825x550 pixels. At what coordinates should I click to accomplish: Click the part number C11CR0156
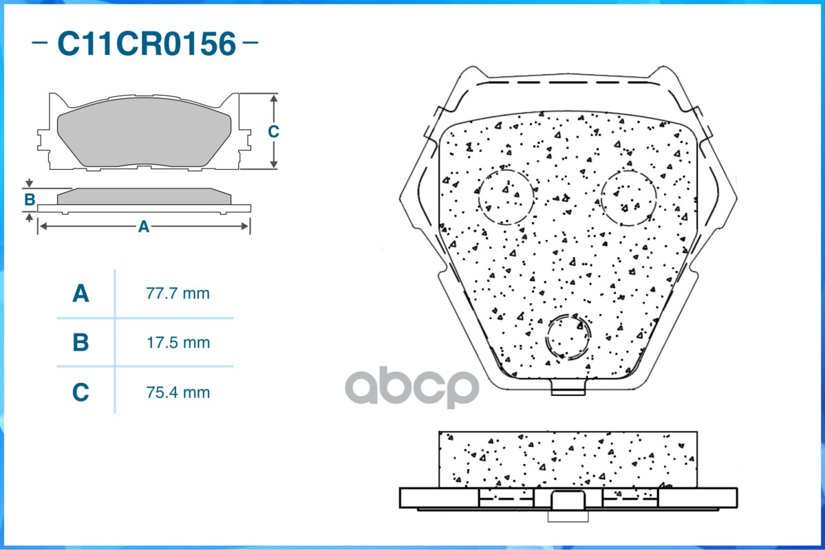click(146, 44)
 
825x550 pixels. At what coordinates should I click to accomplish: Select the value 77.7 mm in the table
click(178, 294)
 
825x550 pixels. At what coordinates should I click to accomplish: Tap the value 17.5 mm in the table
click(178, 342)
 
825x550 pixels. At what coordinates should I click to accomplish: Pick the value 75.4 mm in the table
click(178, 393)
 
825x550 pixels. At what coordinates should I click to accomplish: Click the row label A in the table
click(81, 294)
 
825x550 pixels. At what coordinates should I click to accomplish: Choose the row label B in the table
click(81, 342)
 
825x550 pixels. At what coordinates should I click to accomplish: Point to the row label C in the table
click(81, 393)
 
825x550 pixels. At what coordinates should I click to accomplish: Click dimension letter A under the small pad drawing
click(143, 226)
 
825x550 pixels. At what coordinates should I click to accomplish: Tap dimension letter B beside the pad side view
click(30, 200)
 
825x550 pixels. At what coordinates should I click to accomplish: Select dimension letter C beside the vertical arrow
click(273, 131)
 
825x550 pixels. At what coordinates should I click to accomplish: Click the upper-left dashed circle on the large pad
click(506, 196)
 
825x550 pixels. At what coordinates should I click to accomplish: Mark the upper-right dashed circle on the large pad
click(628, 198)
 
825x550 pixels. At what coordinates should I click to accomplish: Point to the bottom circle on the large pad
click(568, 337)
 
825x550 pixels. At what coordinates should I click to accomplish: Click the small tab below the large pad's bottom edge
click(568, 388)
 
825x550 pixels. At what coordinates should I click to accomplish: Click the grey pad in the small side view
click(143, 197)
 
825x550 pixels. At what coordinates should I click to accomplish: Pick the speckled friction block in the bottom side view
click(568, 459)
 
